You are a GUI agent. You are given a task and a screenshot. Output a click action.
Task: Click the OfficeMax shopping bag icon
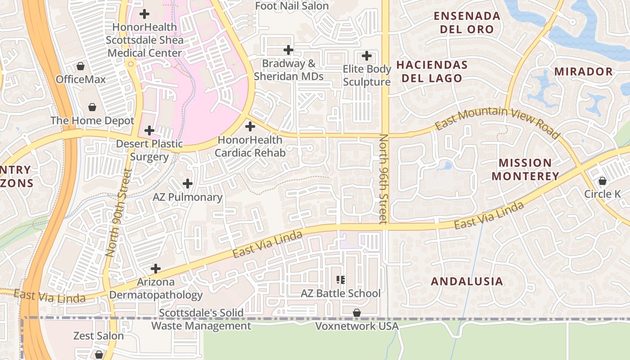pos(81,67)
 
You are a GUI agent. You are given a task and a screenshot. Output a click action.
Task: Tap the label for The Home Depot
pos(92,121)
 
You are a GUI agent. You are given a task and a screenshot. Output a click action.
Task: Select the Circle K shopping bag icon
pos(602,181)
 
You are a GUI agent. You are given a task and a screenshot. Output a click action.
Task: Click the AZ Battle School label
pos(341,293)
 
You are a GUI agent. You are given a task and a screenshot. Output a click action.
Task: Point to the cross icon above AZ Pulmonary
pos(188,184)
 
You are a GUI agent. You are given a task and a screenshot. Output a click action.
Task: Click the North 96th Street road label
pos(383,179)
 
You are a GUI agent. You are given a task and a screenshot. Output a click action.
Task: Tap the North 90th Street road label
pos(117,213)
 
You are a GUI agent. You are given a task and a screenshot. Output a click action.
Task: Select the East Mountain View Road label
pos(498,121)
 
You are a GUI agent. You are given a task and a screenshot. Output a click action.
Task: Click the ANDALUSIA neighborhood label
pos(467,282)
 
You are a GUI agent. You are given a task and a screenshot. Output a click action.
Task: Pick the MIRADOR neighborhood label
pos(583,72)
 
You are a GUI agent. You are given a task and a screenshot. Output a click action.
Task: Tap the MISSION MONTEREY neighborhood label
pos(525,169)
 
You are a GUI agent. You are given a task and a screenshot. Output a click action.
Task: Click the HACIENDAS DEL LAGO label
pos(432,72)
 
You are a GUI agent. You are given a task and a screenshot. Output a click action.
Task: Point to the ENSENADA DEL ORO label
pos(467,23)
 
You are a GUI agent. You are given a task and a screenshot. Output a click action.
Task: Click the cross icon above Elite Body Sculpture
pos(367,56)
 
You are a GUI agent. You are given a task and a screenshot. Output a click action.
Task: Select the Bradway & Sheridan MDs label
pos(288,70)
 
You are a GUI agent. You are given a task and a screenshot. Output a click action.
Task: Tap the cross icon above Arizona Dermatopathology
pos(156,269)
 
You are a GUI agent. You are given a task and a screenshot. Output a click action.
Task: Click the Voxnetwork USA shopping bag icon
pos(357,312)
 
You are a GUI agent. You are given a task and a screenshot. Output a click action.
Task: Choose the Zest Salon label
pos(99,336)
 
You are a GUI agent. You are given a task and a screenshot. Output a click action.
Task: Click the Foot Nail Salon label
pos(292,6)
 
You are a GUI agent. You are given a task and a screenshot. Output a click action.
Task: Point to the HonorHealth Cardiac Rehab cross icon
pos(250,126)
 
